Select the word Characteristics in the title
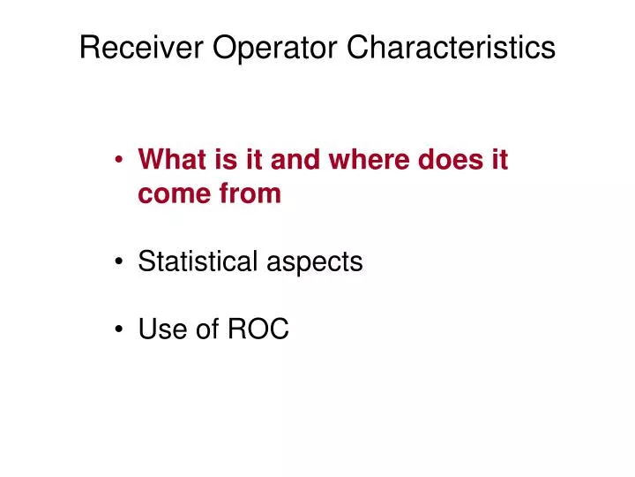[451, 48]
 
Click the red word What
[171, 161]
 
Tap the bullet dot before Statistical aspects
[119, 263]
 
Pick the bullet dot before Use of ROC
[119, 330]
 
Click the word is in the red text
[221, 161]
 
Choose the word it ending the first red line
[499, 161]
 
